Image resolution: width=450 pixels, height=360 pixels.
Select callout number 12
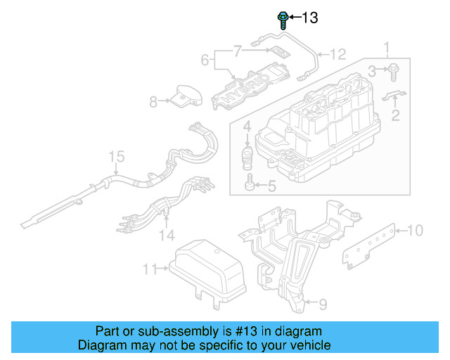point(338,53)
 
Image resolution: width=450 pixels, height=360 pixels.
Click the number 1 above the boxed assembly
point(385,49)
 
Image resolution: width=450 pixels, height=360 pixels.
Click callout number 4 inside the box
point(247,127)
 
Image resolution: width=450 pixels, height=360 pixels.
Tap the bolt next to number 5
point(250,185)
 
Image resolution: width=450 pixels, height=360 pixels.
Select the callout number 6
point(205,60)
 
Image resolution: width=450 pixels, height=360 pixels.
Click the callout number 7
point(237,51)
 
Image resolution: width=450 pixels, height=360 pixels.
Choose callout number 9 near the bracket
point(323,303)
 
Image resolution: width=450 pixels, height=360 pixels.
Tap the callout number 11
point(148,268)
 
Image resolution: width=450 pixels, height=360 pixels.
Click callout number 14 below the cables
point(166,234)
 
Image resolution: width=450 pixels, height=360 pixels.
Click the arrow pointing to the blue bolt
point(294,17)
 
